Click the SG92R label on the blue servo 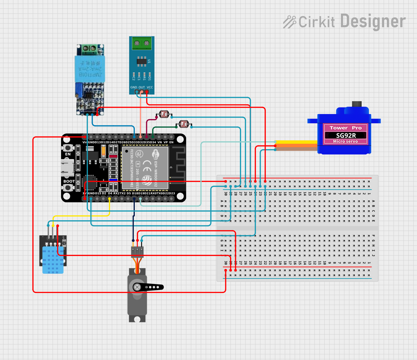click(345, 135)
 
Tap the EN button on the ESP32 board click(67, 148)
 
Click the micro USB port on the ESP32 click(67, 168)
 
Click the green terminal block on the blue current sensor click(142, 43)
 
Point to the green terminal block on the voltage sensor click(89, 49)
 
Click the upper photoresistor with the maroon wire click(164, 114)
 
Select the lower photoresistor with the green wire click(184, 124)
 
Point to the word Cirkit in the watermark click(316, 22)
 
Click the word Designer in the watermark click(373, 21)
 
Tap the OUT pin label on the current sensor click(141, 87)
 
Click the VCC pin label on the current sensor click(150, 87)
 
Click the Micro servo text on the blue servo click(345, 141)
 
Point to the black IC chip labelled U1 click(141, 61)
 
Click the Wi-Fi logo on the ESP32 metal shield click(155, 154)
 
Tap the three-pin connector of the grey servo click(137, 252)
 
